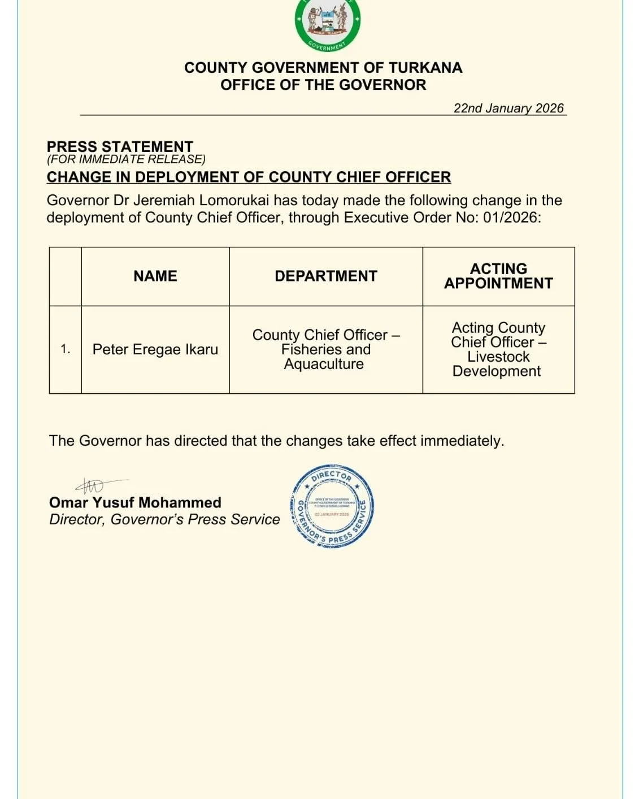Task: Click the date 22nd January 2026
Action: (508, 108)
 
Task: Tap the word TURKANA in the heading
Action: (425, 68)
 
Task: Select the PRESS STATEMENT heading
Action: (120, 146)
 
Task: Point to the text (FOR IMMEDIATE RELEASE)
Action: (126, 159)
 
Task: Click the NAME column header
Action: (155, 276)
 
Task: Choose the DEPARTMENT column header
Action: (326, 276)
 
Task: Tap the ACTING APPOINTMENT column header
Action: (498, 276)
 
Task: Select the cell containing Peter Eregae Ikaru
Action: (155, 350)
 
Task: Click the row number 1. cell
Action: (66, 350)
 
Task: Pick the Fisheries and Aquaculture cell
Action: (326, 350)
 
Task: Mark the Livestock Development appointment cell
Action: (498, 350)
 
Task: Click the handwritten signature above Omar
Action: (93, 485)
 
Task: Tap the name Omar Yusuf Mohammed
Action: (135, 502)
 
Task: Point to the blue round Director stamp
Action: (332, 506)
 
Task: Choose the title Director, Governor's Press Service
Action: (164, 519)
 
